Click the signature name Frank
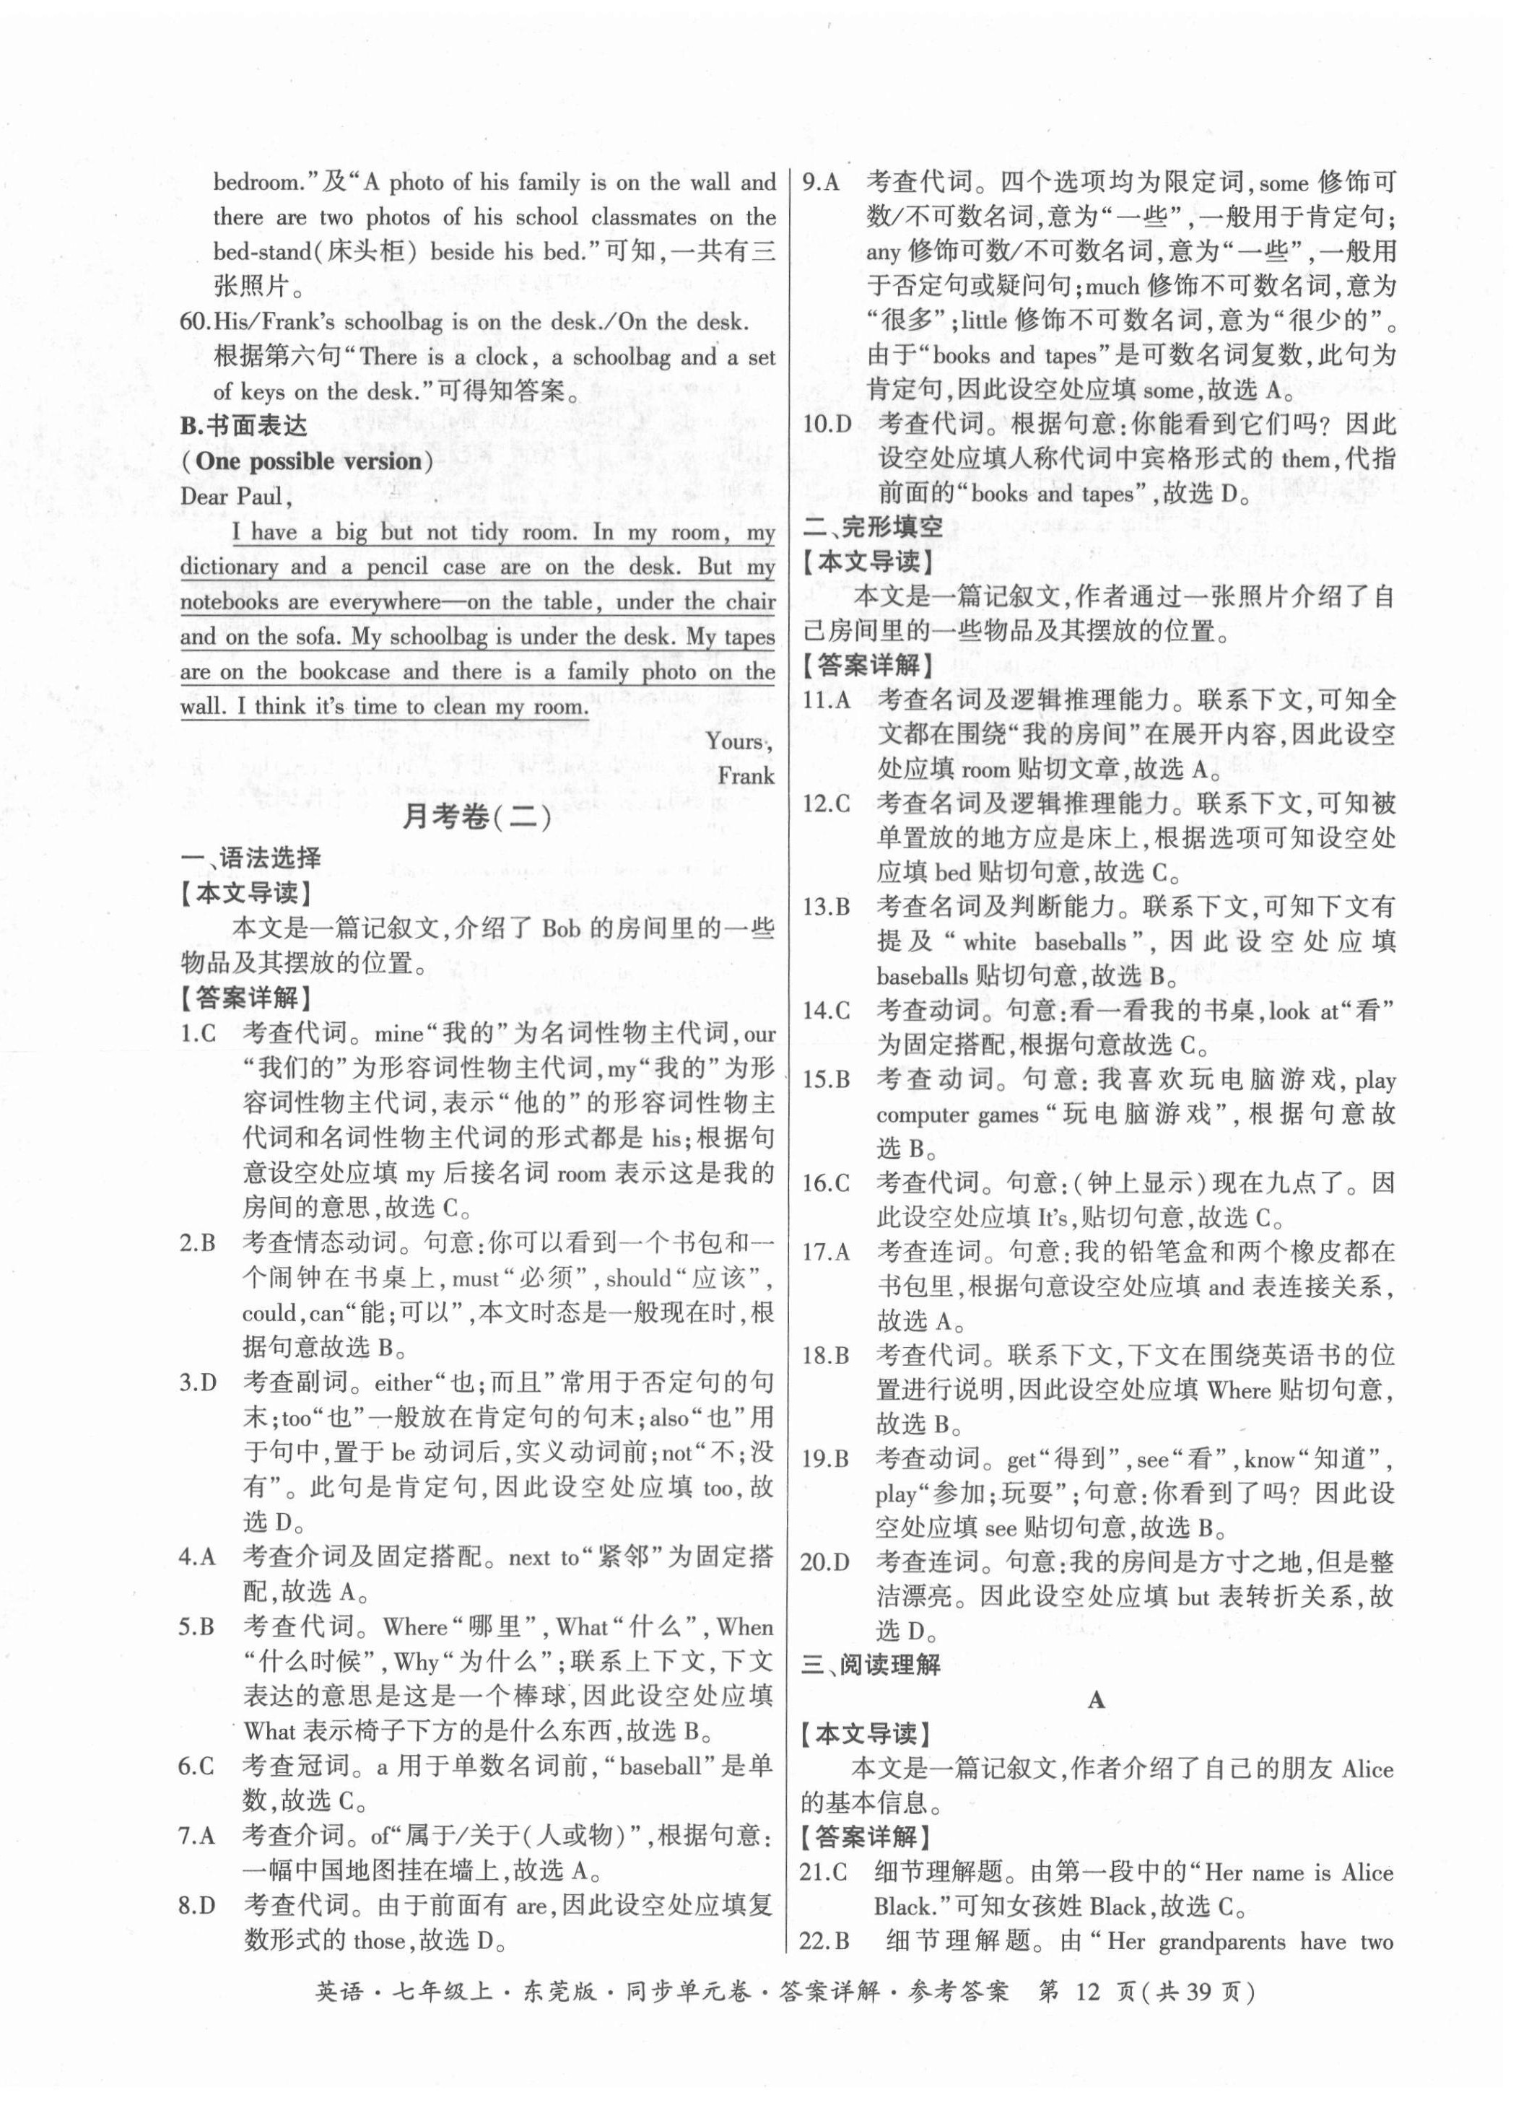click(x=746, y=776)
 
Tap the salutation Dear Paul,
click(x=236, y=496)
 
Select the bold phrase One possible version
click(x=308, y=461)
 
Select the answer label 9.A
click(x=821, y=183)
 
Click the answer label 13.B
click(x=826, y=907)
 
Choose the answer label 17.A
click(x=826, y=1252)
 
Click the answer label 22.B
click(x=824, y=1942)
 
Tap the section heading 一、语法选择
click(x=251, y=858)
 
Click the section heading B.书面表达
click(x=243, y=426)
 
